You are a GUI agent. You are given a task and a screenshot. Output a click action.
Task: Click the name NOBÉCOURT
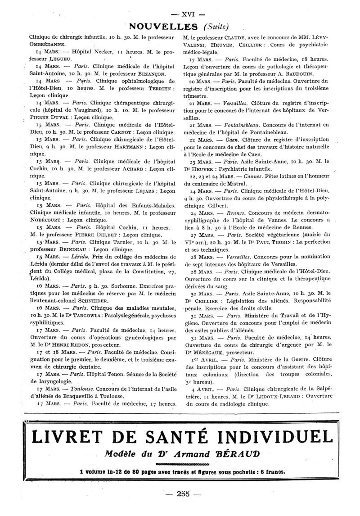click(46, 220)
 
